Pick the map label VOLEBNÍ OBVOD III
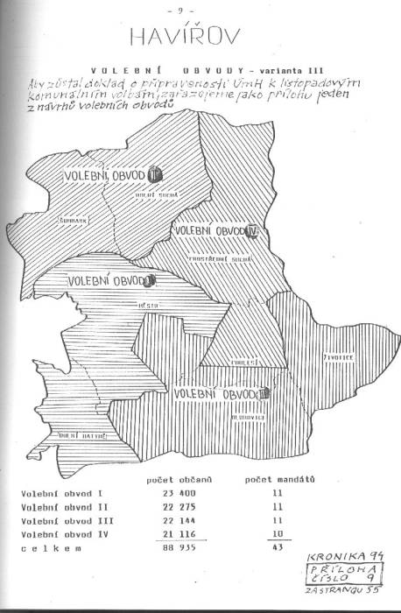(x=221, y=395)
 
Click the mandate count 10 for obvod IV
(x=278, y=533)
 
